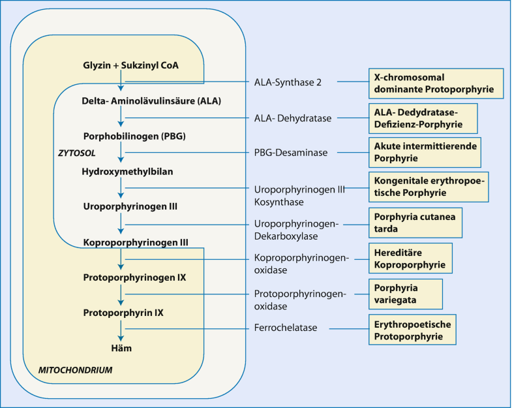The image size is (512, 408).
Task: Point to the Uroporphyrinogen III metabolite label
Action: tap(130, 206)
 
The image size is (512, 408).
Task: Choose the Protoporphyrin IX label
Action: tap(123, 313)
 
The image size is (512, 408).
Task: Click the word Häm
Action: tap(121, 348)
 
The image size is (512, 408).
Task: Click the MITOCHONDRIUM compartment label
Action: tap(76, 370)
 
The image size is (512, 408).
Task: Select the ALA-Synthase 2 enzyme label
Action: tap(287, 82)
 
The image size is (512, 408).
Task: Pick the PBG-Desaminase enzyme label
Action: tap(290, 153)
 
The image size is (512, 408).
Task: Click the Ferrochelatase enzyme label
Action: tap(286, 328)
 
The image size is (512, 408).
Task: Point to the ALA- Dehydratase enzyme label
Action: tap(293, 118)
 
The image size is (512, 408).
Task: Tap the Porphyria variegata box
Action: tap(405, 294)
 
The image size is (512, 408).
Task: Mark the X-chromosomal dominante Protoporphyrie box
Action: tap(436, 82)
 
